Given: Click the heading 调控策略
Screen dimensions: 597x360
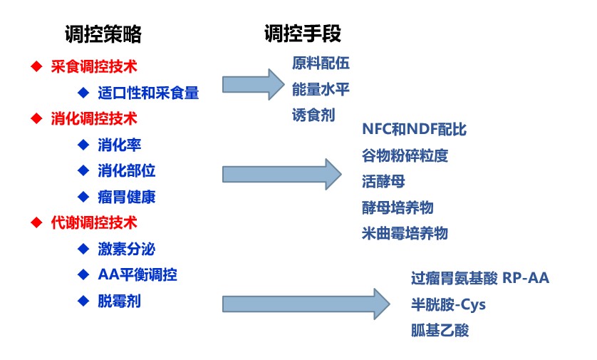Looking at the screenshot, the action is click(x=103, y=34).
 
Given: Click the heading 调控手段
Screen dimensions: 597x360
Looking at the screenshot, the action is click(x=303, y=34).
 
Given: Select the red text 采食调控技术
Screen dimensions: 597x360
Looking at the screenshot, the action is click(x=94, y=67).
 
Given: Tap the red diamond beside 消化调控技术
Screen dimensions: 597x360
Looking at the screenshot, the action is click(x=36, y=118).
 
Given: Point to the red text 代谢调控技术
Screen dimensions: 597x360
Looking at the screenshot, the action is click(x=94, y=222).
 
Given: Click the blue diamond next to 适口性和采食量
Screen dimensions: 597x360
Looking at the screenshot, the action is click(x=83, y=93).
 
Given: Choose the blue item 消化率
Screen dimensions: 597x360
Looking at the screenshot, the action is click(x=120, y=145).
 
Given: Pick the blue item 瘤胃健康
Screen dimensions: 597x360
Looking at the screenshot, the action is click(x=127, y=197).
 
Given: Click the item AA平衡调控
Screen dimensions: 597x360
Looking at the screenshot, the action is click(x=137, y=274).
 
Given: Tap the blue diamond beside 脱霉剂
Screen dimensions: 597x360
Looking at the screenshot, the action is click(x=83, y=301).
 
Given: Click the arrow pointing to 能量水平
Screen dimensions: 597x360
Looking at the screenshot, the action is click(x=253, y=85).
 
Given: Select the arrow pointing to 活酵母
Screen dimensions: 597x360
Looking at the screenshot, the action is click(x=281, y=175).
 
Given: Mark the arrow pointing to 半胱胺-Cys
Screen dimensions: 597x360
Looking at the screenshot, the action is click(x=306, y=304).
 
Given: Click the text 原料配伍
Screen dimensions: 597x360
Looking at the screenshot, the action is click(x=321, y=63).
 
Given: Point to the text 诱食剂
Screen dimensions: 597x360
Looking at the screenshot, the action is click(x=313, y=115).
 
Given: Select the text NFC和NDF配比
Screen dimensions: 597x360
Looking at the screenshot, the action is click(x=414, y=130).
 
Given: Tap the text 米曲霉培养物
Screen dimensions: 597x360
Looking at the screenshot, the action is click(x=405, y=233).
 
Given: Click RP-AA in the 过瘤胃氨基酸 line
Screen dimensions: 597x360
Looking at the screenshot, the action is click(x=526, y=278).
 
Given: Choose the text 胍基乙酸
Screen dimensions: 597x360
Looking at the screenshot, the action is click(x=440, y=330).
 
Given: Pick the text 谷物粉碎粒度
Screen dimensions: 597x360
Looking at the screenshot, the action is click(x=405, y=155).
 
